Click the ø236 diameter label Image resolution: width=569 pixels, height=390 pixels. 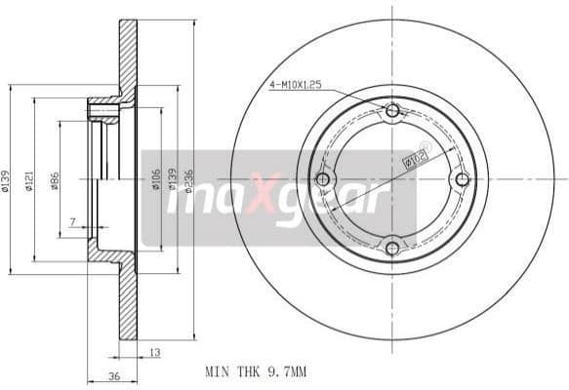pos(188,180)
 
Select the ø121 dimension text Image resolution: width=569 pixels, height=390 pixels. pos(30,180)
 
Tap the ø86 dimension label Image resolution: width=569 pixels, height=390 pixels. pos(55,180)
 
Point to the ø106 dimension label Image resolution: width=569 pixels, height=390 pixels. pos(156,180)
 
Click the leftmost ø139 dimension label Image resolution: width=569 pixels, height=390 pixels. pos(7,180)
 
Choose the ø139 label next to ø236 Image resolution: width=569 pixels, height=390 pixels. pos(172,180)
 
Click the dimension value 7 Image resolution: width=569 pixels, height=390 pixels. pos(72,223)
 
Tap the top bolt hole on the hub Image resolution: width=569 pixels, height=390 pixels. pos(392,110)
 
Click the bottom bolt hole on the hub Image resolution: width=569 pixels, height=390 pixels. pos(392,249)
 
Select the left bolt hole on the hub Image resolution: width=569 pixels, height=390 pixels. pos(323,179)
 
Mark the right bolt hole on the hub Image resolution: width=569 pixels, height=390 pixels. pos(462,178)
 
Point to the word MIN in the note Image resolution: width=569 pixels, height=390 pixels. pos(218,371)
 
